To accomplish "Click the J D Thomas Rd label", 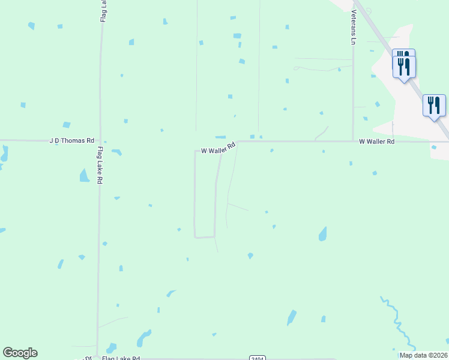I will tap(71, 140).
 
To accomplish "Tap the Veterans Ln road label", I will tap(354, 27).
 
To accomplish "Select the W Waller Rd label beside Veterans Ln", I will tap(376, 142).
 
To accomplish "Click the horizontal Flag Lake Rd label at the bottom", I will tap(121, 358).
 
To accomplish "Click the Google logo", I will tap(20, 353).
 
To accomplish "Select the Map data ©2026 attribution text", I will tap(424, 355).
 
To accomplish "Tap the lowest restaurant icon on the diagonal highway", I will tap(434, 106).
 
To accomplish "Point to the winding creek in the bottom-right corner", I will tap(397, 324).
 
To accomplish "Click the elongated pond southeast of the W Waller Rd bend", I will tap(323, 233).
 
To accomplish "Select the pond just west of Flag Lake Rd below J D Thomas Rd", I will tap(84, 175).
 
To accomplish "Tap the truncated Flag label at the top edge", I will tap(103, 11).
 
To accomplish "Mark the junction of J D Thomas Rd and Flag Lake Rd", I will tap(99, 141).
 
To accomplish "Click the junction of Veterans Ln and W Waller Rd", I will tap(353, 142).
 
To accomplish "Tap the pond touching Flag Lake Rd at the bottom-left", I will tap(110, 348).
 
